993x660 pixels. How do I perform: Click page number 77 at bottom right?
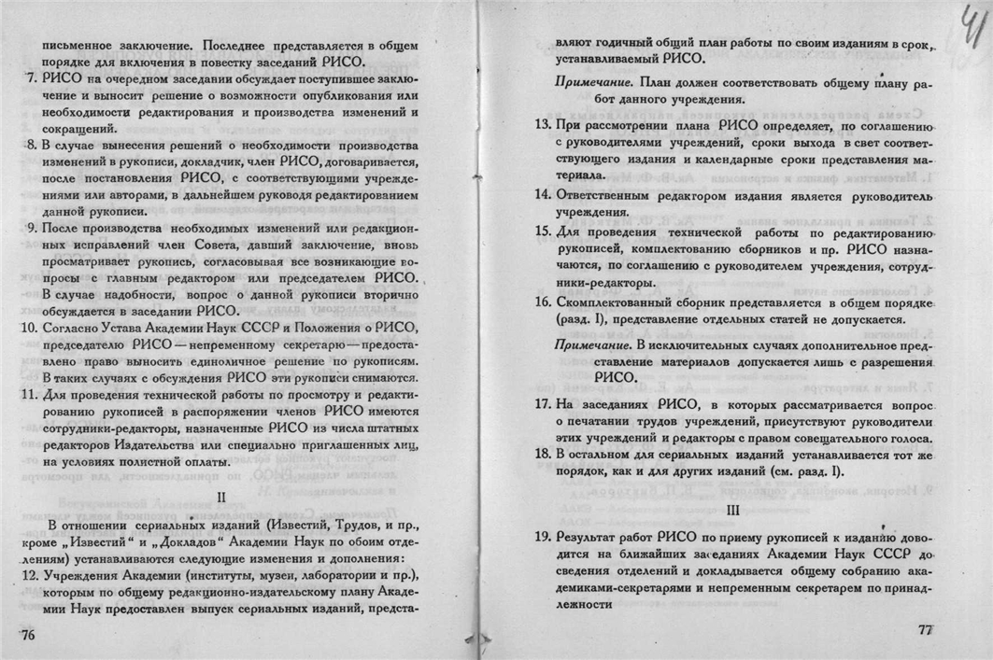(926, 630)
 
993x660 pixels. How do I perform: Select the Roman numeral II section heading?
(219, 497)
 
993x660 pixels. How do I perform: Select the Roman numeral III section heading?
(733, 510)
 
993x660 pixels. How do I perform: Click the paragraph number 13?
(541, 124)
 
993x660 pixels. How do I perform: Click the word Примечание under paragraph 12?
(584, 82)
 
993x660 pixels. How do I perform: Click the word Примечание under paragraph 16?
(583, 344)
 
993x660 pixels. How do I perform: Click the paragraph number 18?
(541, 454)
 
